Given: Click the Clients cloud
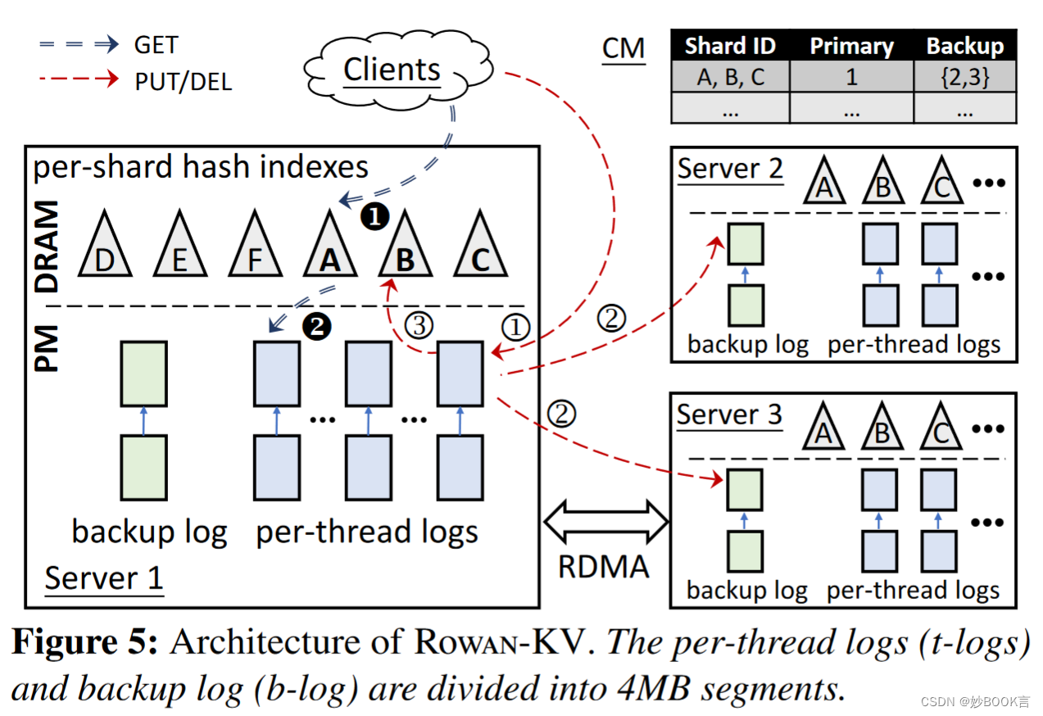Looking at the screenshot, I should (391, 70).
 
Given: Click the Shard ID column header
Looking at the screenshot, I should (729, 46).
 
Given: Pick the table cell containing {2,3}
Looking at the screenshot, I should (964, 77).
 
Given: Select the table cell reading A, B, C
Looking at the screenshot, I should (729, 77).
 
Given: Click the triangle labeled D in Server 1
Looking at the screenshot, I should (104, 248).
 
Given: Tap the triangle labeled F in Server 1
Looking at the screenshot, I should (254, 248).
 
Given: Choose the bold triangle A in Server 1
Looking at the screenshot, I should (329, 248).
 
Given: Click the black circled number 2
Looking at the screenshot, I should (316, 327).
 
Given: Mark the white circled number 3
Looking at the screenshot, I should (419, 327).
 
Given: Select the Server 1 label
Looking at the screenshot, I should (103, 578).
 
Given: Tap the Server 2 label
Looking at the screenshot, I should (730, 170).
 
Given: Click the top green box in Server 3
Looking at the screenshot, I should (745, 490).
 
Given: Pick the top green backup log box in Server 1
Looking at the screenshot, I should (143, 374).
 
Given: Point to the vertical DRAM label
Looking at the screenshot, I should (48, 248).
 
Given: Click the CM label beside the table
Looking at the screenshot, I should (624, 48).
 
